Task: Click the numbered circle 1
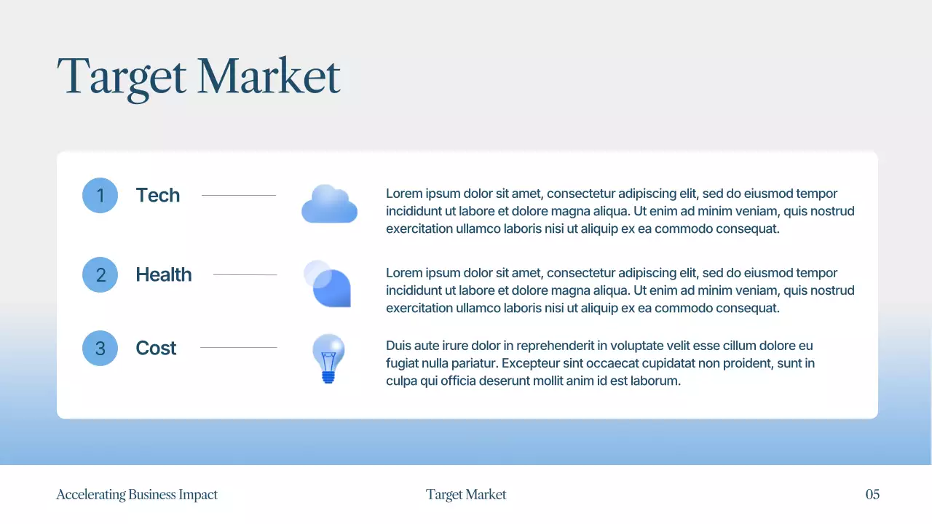point(100,195)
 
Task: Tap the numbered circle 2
point(100,274)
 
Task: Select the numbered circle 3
point(100,348)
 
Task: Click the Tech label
point(157,195)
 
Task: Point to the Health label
point(164,274)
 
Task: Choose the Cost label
point(156,348)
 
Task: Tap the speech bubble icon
point(328,284)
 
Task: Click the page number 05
point(872,495)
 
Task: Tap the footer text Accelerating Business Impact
point(137,495)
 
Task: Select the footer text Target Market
point(466,495)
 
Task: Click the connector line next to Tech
point(239,195)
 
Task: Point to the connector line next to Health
point(245,274)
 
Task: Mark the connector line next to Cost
point(239,348)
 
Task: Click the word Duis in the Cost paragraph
point(398,346)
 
